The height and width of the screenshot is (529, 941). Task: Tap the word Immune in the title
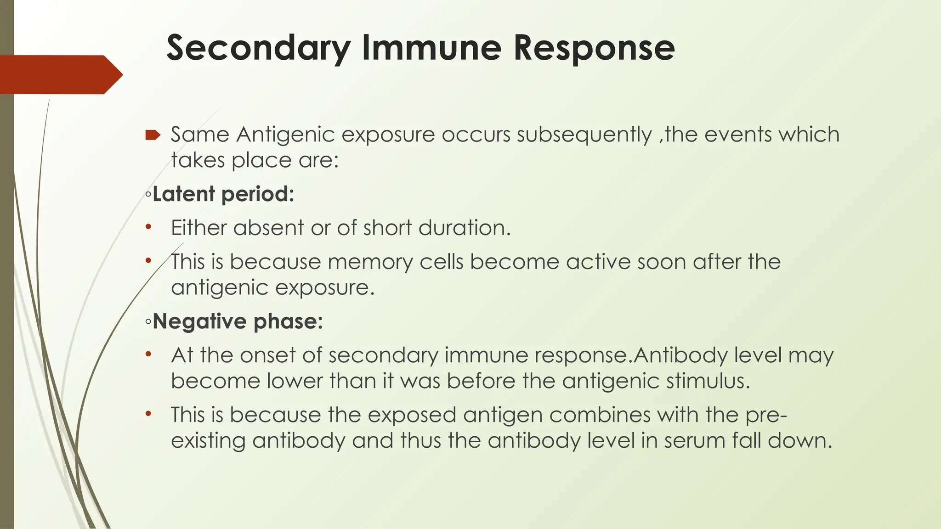click(x=431, y=48)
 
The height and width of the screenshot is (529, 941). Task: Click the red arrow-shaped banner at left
click(x=60, y=74)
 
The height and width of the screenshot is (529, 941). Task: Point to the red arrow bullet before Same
click(x=153, y=135)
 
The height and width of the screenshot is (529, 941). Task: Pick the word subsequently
click(x=584, y=135)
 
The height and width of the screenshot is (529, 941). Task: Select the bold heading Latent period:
click(x=223, y=194)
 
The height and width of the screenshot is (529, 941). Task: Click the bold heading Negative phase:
click(x=238, y=321)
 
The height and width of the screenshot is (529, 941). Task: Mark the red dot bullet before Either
click(x=147, y=227)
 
